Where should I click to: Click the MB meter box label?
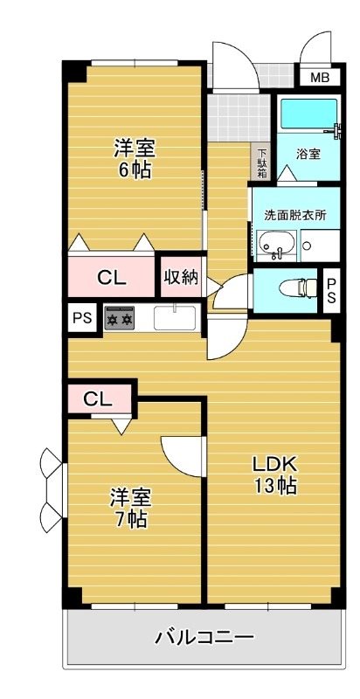pyautogui.click(x=320, y=78)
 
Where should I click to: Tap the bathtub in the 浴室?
pyautogui.click(x=308, y=114)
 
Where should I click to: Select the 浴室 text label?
pyautogui.click(x=308, y=155)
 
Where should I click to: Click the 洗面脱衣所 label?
pyautogui.click(x=296, y=215)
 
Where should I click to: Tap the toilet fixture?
pyautogui.click(x=298, y=288)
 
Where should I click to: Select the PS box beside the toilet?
pyautogui.click(x=331, y=290)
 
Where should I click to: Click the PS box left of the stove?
pyautogui.click(x=82, y=318)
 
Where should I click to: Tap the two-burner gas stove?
pyautogui.click(x=120, y=318)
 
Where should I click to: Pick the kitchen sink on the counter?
pyautogui.click(x=174, y=317)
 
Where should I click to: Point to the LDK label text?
pyautogui.click(x=275, y=465)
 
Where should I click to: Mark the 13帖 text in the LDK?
pyautogui.click(x=275, y=486)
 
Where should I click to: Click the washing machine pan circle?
pyautogui.click(x=307, y=246)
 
